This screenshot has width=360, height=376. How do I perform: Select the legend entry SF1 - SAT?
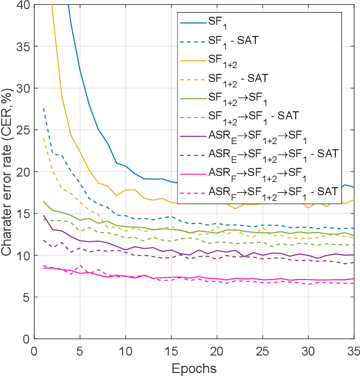[x=232, y=42]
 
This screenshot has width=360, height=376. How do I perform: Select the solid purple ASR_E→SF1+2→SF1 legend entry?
[x=255, y=133]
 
